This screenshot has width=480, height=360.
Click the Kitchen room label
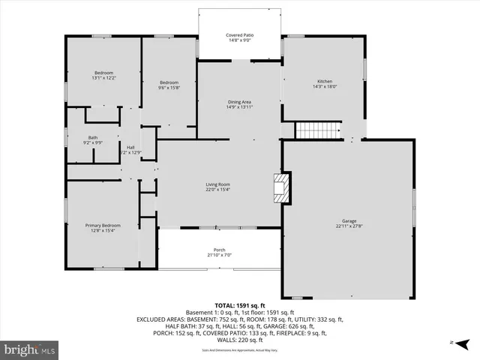click(x=325, y=81)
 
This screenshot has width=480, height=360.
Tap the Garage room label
click(x=349, y=220)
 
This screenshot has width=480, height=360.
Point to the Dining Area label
click(x=239, y=101)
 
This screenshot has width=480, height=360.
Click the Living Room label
click(x=218, y=184)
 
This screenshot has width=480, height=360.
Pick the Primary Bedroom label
click(x=102, y=225)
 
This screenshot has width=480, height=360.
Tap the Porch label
click(x=219, y=250)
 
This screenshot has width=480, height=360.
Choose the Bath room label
click(x=93, y=137)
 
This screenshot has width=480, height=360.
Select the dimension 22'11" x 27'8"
click(x=349, y=227)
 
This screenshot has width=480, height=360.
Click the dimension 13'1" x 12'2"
click(x=103, y=78)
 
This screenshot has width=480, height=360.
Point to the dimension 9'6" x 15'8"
click(x=169, y=88)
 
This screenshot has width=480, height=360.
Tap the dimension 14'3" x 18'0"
click(x=325, y=87)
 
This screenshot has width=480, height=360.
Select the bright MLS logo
click(x=30, y=349)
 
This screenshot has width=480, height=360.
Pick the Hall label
click(x=130, y=147)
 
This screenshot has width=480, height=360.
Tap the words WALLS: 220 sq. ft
click(x=240, y=339)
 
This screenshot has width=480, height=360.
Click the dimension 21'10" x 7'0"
click(x=219, y=256)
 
